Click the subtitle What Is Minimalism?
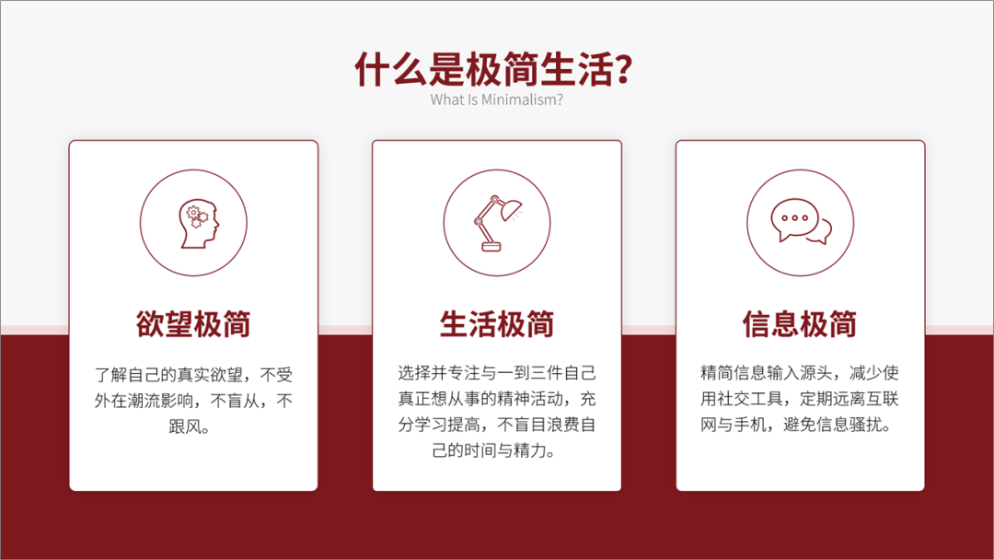pyautogui.click(x=496, y=99)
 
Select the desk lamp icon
pyautogui.click(x=496, y=222)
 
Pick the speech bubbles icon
pyautogui.click(x=800, y=222)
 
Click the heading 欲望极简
pyautogui.click(x=193, y=324)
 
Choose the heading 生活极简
pyautogui.click(x=496, y=324)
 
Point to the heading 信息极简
pyautogui.click(x=800, y=324)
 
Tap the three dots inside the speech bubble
pyautogui.click(x=793, y=219)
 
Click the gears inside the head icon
pyautogui.click(x=193, y=216)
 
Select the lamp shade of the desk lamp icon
pyautogui.click(x=511, y=206)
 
